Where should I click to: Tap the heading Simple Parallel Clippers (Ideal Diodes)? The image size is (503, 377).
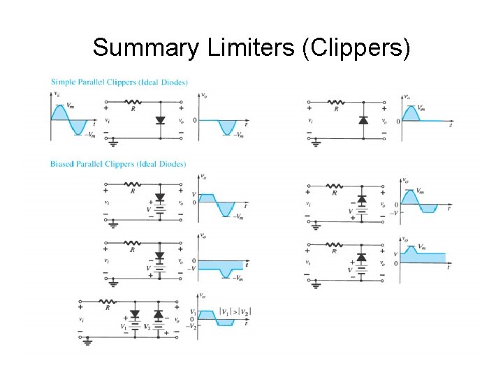coord(119,82)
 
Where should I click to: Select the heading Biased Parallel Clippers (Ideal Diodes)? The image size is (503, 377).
coord(118,165)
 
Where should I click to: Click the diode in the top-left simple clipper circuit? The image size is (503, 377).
coord(160,121)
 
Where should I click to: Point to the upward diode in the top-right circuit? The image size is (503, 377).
coord(362,121)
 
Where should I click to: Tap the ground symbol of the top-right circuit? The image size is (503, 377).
coord(316,144)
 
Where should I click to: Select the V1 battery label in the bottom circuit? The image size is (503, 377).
coord(124,327)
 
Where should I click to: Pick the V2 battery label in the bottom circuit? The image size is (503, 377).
coord(147,327)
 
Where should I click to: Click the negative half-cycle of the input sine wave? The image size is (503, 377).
coord(78,128)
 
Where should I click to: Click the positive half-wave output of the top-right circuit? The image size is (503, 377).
coord(411,114)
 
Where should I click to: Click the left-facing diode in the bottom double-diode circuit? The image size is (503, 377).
coord(158,313)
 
